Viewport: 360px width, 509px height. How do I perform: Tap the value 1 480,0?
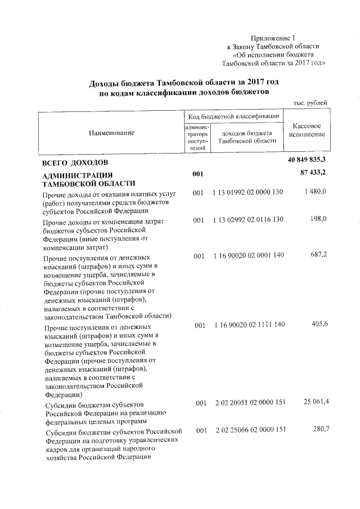316,192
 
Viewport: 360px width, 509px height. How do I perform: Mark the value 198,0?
318,222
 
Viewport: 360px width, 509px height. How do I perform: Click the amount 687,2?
318,256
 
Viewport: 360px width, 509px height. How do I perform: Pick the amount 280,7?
318,430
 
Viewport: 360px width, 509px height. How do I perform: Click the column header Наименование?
111,132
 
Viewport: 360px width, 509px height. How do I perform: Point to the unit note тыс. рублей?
311,103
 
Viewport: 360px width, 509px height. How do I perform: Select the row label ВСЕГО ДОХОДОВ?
72,163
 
